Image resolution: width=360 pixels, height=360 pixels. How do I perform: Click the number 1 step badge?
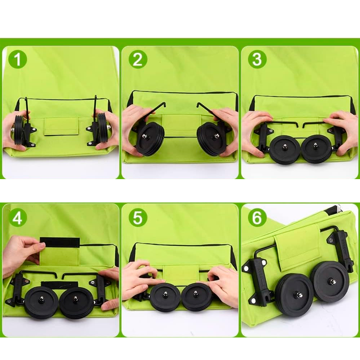click(x=18, y=59)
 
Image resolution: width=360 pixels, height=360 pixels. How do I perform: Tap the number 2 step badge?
click(x=138, y=59)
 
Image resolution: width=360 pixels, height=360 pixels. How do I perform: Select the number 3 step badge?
click(x=257, y=59)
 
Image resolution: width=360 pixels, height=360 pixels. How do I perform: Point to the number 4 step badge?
click(x=18, y=218)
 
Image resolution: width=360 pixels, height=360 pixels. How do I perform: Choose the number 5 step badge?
click(x=138, y=218)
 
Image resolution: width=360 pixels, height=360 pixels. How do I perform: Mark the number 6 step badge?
click(x=257, y=218)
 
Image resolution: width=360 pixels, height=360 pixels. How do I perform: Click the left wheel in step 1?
click(x=19, y=130)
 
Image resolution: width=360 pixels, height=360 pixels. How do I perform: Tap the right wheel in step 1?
click(x=103, y=128)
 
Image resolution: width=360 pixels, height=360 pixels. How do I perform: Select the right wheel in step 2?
click(x=211, y=139)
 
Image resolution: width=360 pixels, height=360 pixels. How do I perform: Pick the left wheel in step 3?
click(x=285, y=149)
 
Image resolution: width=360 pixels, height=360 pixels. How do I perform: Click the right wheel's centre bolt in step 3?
click(x=316, y=144)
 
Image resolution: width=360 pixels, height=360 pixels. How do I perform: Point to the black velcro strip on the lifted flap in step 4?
click(x=60, y=243)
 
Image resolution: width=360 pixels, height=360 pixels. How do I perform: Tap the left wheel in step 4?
click(x=41, y=302)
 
